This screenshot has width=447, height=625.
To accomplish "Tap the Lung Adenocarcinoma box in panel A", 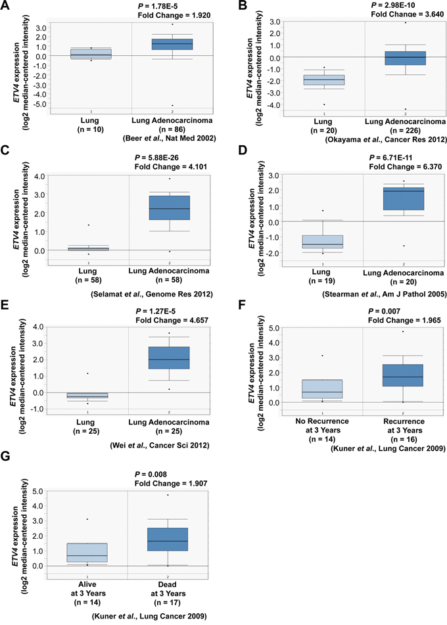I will (x=172, y=44).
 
